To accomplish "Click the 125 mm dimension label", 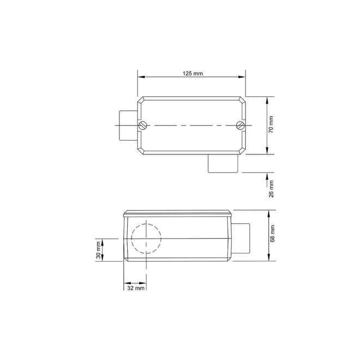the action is (193, 74).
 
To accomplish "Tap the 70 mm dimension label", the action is (271, 125).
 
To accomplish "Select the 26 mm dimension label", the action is (272, 189).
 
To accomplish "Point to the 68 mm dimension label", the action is (272, 233).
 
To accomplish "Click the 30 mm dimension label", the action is (99, 250).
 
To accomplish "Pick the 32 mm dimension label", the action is (136, 288).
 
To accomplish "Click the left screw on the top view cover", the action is (142, 125).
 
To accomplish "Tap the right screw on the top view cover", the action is (239, 125).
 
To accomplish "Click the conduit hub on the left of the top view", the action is (128, 125).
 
